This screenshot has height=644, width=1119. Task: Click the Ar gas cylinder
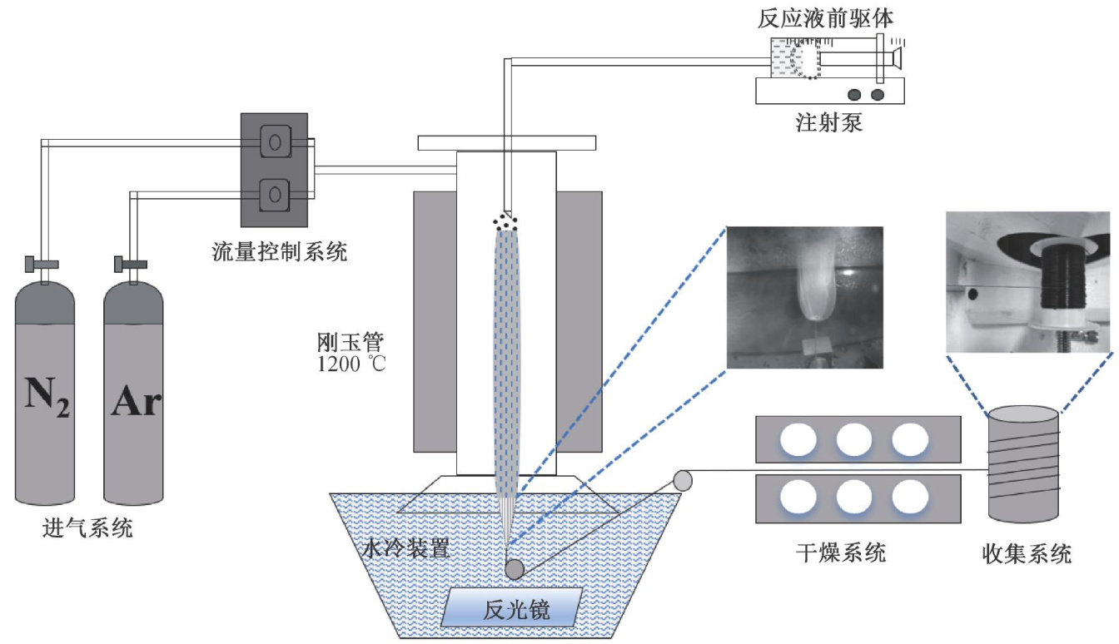point(132,391)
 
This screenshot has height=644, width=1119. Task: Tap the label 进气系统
point(87,528)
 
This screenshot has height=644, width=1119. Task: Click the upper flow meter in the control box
point(273,142)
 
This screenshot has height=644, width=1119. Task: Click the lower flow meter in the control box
point(273,196)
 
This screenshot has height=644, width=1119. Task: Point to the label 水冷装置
point(407,549)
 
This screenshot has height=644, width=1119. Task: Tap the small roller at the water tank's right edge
point(683,480)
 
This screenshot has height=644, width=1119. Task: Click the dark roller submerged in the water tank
point(514,569)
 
